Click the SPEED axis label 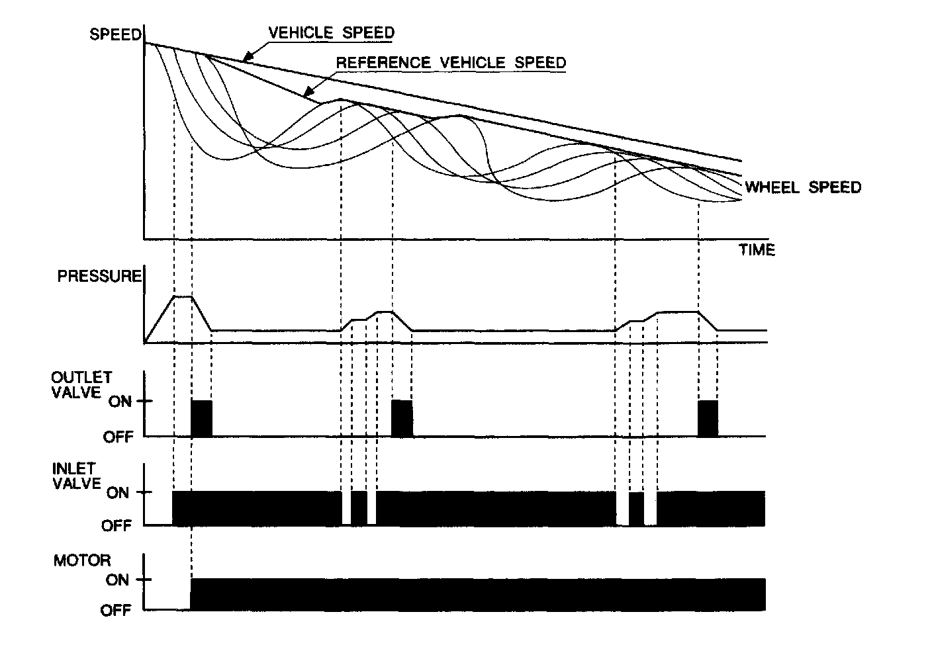(115, 34)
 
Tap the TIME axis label (757, 250)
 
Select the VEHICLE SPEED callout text (331, 32)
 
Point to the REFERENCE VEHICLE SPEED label (451, 63)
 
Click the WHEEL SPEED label (803, 187)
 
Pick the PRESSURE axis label (99, 276)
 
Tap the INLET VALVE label (76, 475)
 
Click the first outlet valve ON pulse (201, 418)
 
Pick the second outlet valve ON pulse (402, 418)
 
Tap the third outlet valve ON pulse (708, 418)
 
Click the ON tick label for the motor (117, 580)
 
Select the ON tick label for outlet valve (120, 402)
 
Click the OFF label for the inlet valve (117, 526)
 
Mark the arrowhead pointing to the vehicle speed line (246, 58)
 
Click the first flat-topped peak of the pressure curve (182, 297)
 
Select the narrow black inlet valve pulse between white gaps (359, 508)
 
